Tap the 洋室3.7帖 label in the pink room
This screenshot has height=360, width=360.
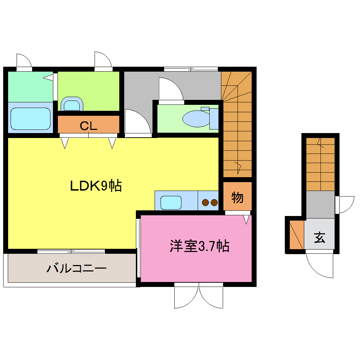pos(199,246)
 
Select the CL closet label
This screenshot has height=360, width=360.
pos(88,125)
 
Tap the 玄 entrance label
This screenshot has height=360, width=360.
pos(319,238)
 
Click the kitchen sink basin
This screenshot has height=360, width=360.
pos(171,202)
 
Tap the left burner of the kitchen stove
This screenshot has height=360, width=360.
pos(205,202)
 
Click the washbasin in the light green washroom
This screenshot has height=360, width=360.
pos(72,104)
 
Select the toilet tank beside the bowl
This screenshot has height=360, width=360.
pos(214,119)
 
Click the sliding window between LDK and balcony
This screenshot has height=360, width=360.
pos(71,251)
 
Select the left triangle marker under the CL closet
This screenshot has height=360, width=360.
pos(65,143)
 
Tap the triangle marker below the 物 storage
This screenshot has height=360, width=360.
pos(246,220)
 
